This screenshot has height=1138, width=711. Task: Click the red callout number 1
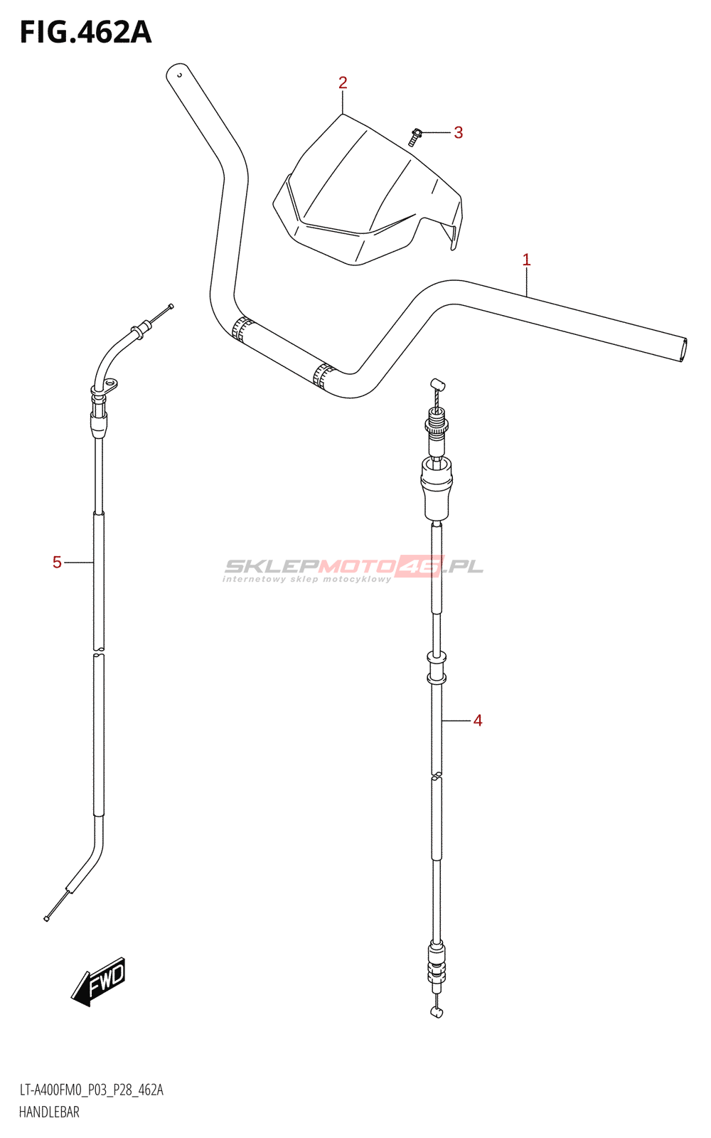point(527,260)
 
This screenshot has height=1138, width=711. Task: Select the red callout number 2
point(343,83)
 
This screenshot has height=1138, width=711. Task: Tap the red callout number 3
point(458,132)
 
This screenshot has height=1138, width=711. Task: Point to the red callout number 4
point(477,720)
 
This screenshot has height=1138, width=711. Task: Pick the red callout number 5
point(57,563)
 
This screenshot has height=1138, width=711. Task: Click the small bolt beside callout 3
point(415,136)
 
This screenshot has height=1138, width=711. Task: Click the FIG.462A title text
point(86,33)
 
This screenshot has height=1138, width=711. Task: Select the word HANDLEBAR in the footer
point(49,1112)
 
